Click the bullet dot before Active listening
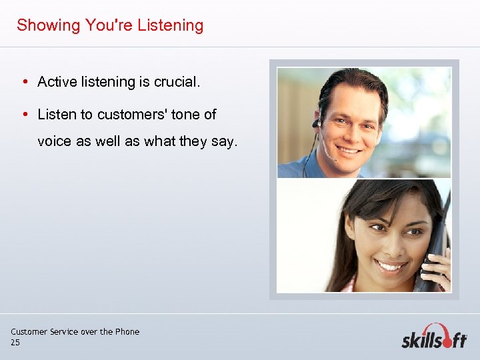click(x=24, y=82)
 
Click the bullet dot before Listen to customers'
click(x=24, y=115)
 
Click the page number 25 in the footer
click(x=15, y=343)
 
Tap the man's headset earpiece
click(x=317, y=122)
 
